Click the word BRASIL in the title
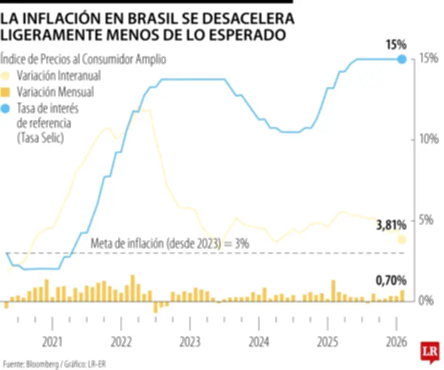coord(153,19)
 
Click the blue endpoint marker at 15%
coord(402,58)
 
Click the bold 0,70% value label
coord(392,279)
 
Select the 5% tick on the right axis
coord(425,219)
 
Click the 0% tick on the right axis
coord(425,300)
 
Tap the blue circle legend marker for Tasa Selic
coord(6,108)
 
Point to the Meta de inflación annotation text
coord(169,243)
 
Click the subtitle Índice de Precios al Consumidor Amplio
coord(83,59)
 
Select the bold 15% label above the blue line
coord(396,44)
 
